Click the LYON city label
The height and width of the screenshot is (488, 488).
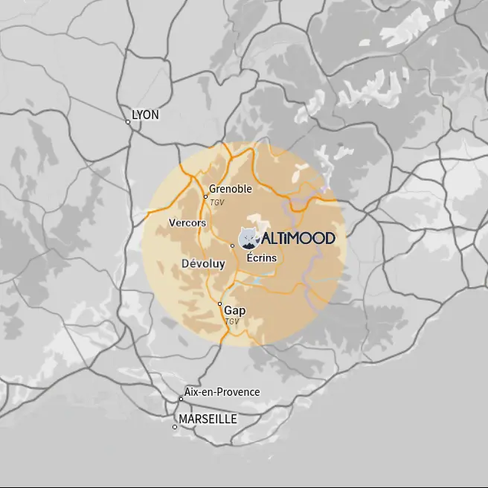click(145, 115)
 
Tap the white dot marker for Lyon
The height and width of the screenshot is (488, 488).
click(128, 122)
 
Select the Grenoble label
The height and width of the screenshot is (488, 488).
click(231, 189)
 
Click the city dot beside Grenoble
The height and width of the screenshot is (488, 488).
click(205, 196)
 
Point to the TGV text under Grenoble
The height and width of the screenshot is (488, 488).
click(217, 202)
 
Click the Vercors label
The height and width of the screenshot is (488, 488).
click(187, 222)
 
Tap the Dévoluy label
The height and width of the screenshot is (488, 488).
click(203, 263)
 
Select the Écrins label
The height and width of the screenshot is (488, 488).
click(261, 257)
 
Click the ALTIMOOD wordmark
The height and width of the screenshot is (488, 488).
click(298, 238)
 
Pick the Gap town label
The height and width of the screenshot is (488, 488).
click(235, 310)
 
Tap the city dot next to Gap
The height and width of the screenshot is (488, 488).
click(219, 304)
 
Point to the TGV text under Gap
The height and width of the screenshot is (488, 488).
click(232, 321)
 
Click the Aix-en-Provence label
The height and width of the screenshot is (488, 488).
click(222, 392)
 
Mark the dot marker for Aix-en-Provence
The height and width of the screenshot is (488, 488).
click(181, 399)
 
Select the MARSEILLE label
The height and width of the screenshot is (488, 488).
click(208, 420)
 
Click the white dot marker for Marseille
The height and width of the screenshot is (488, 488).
click(175, 427)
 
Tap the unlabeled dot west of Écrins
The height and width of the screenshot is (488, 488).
click(233, 245)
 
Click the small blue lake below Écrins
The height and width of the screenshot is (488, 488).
click(257, 280)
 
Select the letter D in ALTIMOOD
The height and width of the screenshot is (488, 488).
click(329, 238)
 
